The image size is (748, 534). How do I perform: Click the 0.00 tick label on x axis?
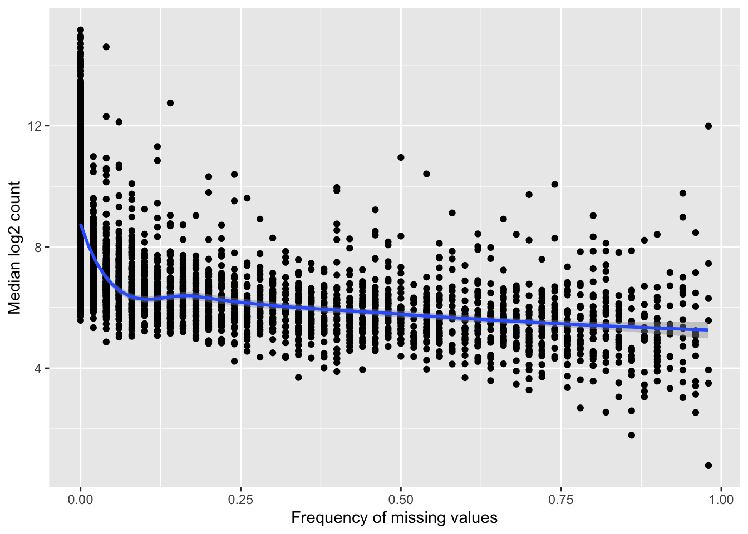(81, 500)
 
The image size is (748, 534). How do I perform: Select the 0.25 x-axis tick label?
(240, 500)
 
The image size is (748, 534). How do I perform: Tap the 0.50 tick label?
(400, 500)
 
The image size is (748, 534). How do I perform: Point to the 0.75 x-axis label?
(560, 500)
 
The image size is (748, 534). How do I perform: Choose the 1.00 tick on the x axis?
(721, 500)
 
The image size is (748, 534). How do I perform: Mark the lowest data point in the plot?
(708, 466)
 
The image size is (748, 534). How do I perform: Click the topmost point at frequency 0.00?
(81, 30)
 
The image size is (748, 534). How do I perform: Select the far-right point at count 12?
(708, 126)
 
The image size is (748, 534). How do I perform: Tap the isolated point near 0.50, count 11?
(401, 157)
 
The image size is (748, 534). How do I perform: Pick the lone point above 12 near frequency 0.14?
(170, 103)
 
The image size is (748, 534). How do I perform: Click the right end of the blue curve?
(708, 330)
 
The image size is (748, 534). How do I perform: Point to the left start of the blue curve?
(81, 225)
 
